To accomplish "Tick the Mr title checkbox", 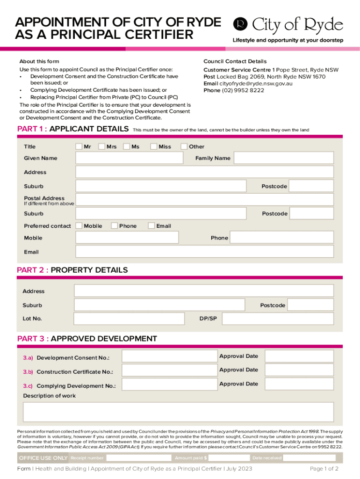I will click(79, 147).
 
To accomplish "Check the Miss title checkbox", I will click(154, 147).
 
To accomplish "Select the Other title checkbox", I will click(184, 147).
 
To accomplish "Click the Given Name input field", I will click(130, 158).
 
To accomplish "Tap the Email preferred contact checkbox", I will click(151, 226).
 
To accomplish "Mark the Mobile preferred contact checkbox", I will click(79, 226).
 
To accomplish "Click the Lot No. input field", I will click(129, 319).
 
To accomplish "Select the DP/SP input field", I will click(278, 319).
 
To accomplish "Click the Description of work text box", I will click(178, 412).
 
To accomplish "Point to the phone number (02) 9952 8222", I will click(243, 90).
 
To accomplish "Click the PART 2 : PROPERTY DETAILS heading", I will click(72, 270).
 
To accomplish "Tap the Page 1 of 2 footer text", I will click(324, 469).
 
